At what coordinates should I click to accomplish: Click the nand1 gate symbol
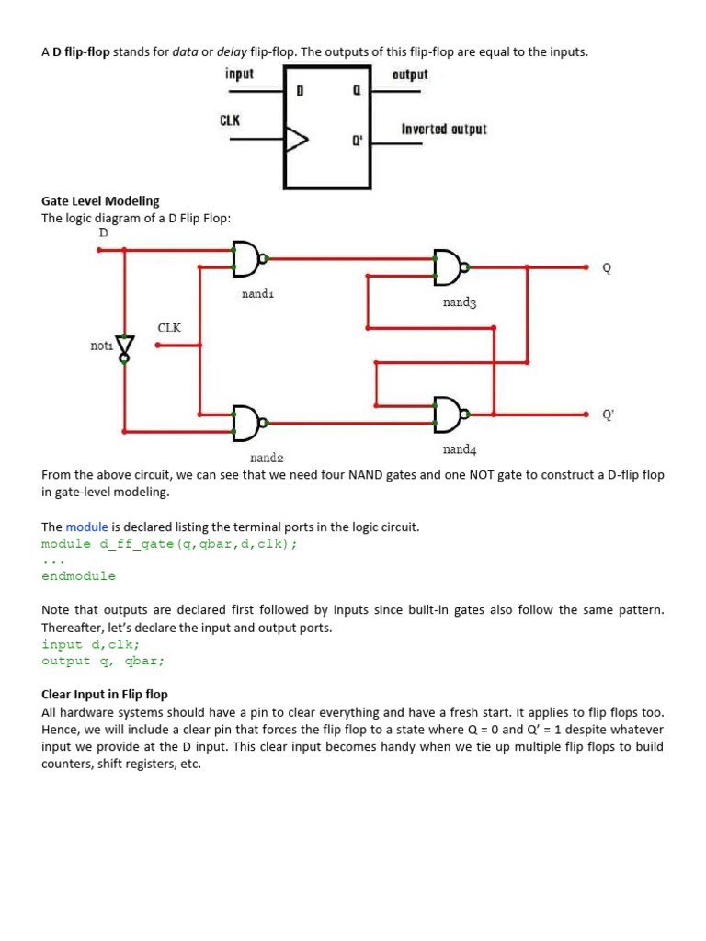coord(246,258)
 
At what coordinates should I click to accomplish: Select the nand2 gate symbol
coord(246,423)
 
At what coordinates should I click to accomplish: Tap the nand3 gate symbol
coord(449,266)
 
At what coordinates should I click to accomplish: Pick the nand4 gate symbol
coord(449,414)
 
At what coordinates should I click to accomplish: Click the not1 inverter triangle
coord(125,347)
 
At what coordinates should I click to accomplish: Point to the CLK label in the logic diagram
coord(170,327)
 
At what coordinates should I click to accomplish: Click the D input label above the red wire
coord(103,232)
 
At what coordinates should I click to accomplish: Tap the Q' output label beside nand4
coord(607,414)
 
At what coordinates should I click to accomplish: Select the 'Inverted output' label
coord(444,129)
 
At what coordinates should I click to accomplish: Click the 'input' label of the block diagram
coord(239,74)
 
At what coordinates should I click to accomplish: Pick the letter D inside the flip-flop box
coord(301,92)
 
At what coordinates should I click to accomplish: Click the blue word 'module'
coord(86,527)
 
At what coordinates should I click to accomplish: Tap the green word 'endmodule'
coord(79,576)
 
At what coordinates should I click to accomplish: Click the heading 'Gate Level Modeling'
coord(100,200)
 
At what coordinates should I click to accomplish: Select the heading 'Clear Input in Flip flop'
coord(105,694)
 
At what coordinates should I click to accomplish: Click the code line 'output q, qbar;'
coord(103,661)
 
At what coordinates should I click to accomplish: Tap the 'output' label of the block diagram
coord(410,74)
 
